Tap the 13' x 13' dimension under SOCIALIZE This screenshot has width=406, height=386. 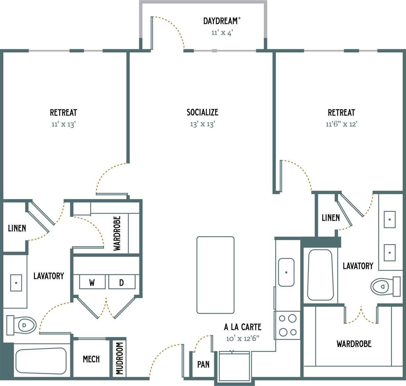point(202,124)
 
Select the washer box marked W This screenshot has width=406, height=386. point(92,282)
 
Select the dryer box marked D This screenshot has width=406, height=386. point(122,282)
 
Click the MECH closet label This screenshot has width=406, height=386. point(91,359)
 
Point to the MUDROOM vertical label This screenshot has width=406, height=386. point(120,359)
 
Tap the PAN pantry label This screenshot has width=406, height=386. point(203,364)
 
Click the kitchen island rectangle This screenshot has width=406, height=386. point(215,275)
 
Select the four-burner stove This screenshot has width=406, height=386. point(287,325)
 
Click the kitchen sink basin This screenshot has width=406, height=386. point(286,272)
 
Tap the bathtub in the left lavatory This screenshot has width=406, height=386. point(41,361)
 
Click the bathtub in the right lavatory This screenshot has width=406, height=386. point(320,275)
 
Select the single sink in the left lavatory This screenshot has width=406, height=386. point(16,283)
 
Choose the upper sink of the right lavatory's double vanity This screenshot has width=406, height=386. point(389,219)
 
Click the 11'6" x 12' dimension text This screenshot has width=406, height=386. point(341,124)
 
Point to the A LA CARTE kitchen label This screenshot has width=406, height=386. point(242,327)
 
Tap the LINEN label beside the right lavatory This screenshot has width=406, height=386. point(330,218)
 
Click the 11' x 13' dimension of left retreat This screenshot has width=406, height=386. point(63,124)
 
